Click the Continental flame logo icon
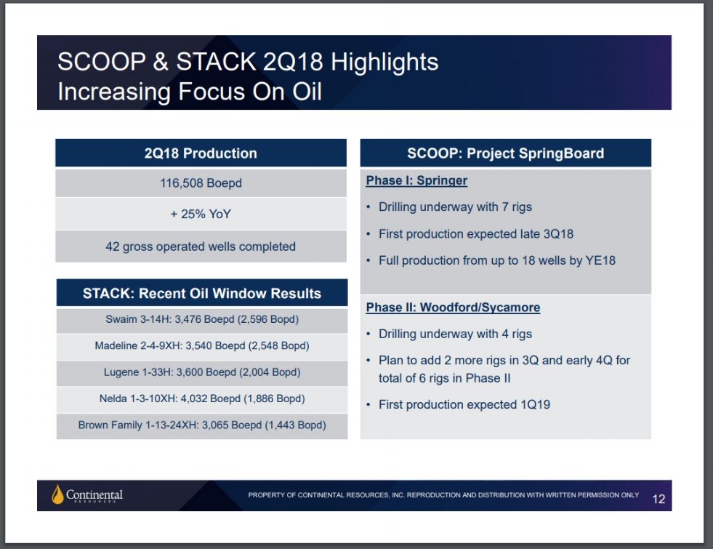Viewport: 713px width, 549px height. [57, 494]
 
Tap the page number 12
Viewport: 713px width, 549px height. [658, 499]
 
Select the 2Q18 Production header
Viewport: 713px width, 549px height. [201, 153]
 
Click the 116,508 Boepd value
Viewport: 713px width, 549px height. [201, 183]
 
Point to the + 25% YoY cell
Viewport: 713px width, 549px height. [201, 214]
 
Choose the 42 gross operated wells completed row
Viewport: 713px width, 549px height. [201, 247]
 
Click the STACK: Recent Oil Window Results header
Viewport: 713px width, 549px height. [202, 293]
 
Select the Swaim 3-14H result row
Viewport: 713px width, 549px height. [202, 319]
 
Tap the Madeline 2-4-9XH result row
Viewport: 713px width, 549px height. [202, 345]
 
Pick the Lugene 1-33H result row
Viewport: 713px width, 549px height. [202, 372]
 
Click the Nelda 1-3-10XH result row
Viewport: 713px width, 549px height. [202, 398]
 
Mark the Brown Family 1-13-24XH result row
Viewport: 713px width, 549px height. [202, 425]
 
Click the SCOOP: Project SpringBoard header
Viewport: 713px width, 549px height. [506, 153]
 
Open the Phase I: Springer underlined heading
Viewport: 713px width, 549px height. [416, 180]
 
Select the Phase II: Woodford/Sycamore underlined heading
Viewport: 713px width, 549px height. [453, 308]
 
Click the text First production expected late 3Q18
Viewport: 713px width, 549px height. [476, 234]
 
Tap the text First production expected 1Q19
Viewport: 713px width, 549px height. [464, 405]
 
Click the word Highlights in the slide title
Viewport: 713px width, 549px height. [384, 63]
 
